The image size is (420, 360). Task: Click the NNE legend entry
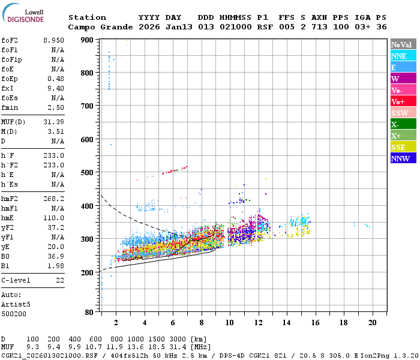point(403,56)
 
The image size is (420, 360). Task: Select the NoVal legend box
point(403,44)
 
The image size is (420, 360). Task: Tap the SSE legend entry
point(403,147)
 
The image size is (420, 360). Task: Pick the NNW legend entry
point(403,158)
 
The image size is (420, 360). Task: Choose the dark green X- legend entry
point(403,124)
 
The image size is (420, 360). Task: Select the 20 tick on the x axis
point(372,322)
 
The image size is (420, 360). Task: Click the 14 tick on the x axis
point(286,322)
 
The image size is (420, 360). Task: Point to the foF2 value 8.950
point(53,40)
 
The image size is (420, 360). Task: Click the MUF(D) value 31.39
point(53,122)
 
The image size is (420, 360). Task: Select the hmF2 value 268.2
point(53,199)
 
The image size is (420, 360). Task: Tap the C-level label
point(15,280)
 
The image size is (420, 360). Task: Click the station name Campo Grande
point(98,27)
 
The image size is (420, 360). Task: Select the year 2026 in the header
point(148,27)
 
